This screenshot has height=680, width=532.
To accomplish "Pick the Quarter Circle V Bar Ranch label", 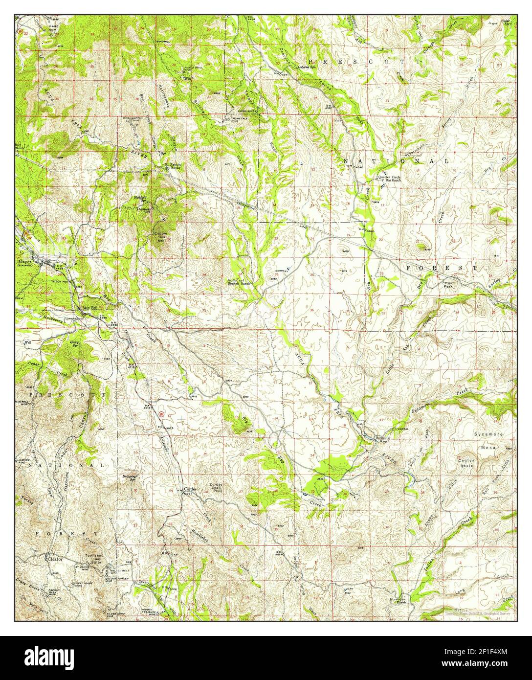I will [x=390, y=179].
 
